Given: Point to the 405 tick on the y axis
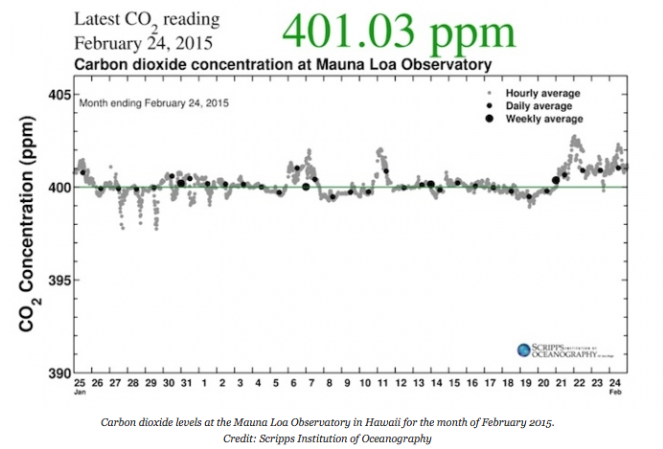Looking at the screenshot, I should pyautogui.click(x=60, y=94).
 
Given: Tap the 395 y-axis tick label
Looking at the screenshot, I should pyautogui.click(x=60, y=280).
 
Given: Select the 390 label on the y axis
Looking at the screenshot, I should pyautogui.click(x=60, y=373).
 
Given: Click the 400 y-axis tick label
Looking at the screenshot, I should pyautogui.click(x=60, y=187).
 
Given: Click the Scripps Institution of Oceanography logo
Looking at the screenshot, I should pyautogui.click(x=560, y=350).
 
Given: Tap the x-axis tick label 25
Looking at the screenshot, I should pyautogui.click(x=80, y=383).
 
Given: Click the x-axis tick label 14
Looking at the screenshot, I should pyautogui.click(x=437, y=383).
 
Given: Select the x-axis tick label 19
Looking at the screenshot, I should pyautogui.click(x=526, y=383).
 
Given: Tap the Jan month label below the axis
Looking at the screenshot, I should pyautogui.click(x=80, y=393).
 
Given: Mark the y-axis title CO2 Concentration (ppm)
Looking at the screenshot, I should pyautogui.click(x=30, y=234).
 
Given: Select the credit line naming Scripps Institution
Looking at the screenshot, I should pyautogui.click(x=331, y=438).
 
